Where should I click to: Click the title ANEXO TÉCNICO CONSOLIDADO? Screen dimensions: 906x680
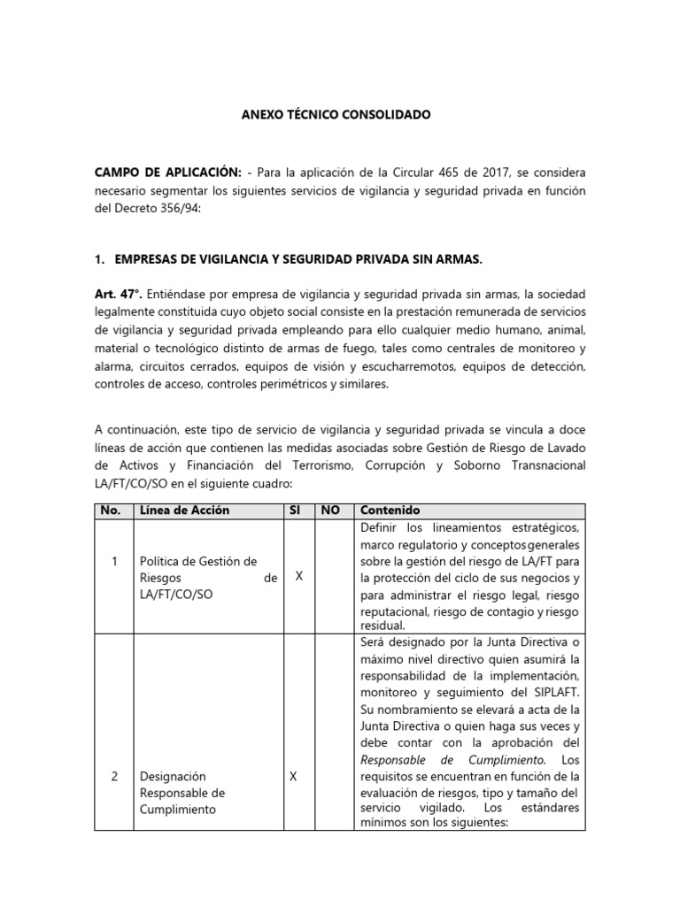(x=324, y=116)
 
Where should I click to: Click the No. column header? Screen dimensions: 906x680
(x=111, y=511)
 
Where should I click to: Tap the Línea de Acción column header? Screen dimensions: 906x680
(x=184, y=511)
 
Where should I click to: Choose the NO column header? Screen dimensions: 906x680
(x=330, y=511)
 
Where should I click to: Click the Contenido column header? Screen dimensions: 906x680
(x=390, y=511)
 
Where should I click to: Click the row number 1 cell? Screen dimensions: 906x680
(x=114, y=560)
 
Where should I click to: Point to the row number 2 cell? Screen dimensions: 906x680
(x=114, y=776)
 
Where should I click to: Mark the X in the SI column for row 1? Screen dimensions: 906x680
(x=298, y=576)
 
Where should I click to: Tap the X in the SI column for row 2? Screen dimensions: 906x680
(x=293, y=776)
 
